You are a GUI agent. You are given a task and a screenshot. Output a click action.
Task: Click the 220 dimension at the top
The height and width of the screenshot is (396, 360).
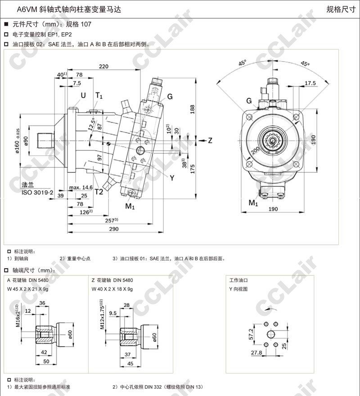coord(103,66)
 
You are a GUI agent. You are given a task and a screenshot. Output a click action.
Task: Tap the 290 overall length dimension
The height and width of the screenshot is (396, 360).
coord(113,229)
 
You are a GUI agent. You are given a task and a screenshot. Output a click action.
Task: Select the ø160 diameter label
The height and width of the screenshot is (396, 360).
coord(17,142)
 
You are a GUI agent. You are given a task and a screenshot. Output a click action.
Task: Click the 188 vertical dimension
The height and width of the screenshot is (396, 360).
coord(192,108)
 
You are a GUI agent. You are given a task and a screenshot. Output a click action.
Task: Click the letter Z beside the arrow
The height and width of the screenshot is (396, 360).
coord(210,140)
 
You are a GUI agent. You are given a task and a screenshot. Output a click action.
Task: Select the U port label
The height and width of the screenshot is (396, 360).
coord(83,95)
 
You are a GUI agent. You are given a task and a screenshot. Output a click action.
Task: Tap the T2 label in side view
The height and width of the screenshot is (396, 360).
coord(99,192)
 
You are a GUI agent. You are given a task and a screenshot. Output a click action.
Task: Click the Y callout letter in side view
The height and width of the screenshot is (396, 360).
coord(171,177)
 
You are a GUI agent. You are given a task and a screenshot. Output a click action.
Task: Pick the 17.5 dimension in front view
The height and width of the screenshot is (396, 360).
coord(310,83)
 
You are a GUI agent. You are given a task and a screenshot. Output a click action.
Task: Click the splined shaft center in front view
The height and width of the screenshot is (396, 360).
coord(273,140)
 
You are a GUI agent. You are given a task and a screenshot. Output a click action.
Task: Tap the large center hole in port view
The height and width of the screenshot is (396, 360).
coord(272,333)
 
